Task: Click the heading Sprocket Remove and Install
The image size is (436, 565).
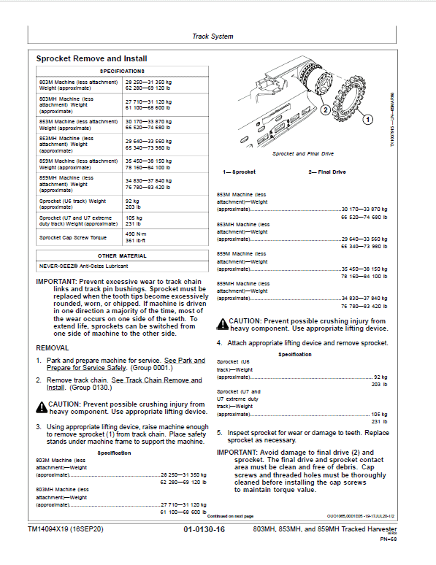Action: click(x=91, y=58)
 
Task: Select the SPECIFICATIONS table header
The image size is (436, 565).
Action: click(x=122, y=71)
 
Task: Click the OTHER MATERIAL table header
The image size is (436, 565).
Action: click(x=122, y=256)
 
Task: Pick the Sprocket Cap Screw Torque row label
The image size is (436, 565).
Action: click(x=74, y=237)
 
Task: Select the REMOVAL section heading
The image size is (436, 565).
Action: click(x=53, y=348)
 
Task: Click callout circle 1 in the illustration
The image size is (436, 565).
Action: click(x=368, y=118)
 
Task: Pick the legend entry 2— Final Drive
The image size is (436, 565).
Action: click(x=327, y=172)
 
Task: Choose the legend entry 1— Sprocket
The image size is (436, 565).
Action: click(x=239, y=172)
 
